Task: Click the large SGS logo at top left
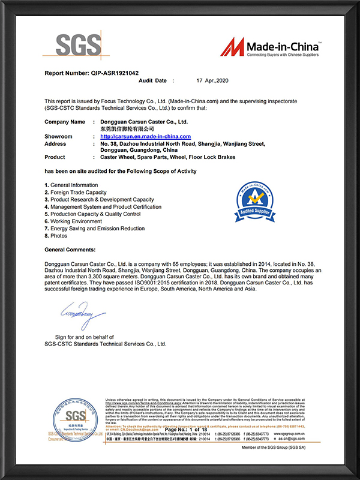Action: (x=79, y=46)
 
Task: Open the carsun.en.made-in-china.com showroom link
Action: (x=145, y=137)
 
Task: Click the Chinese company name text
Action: (x=122, y=129)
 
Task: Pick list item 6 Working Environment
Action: (x=73, y=221)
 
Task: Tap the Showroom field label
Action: (x=58, y=137)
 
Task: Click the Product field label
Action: (x=55, y=157)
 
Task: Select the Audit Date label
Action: (x=152, y=80)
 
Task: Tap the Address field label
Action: (x=55, y=144)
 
